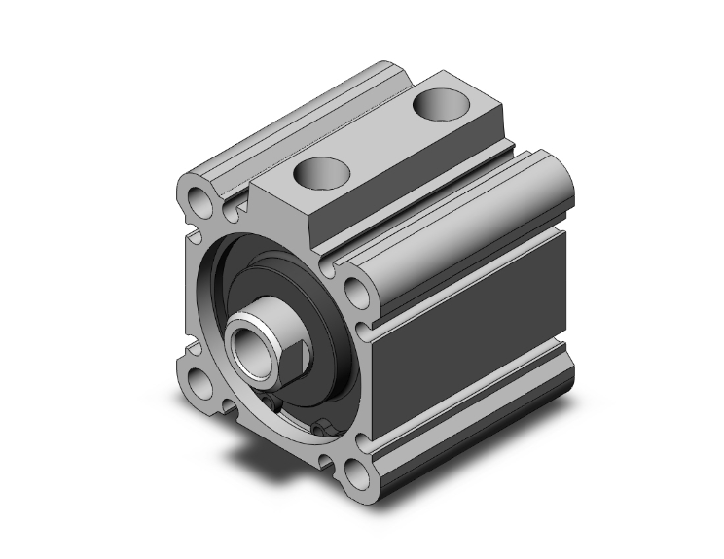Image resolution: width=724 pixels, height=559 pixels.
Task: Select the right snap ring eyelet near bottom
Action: click(x=321, y=426)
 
